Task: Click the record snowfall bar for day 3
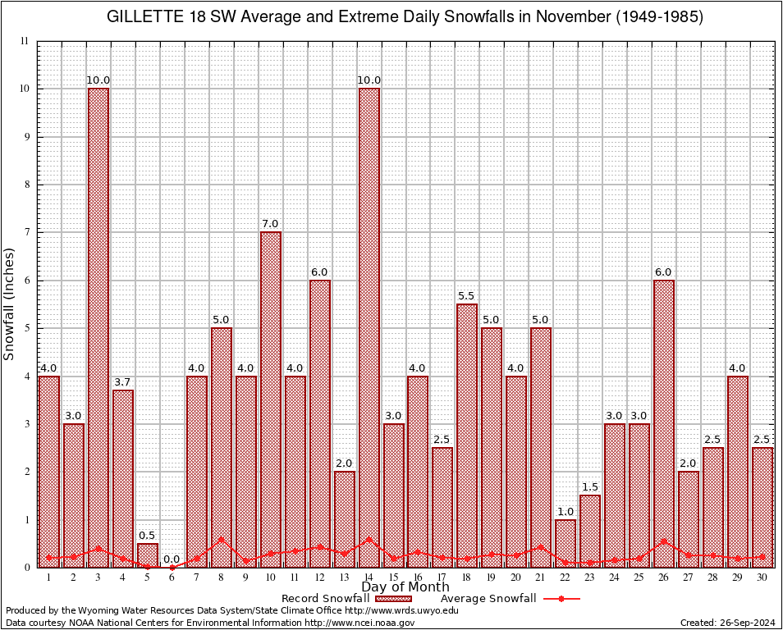[98, 328]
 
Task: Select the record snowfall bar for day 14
[369, 328]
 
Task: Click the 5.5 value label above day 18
[467, 296]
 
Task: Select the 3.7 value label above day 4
[123, 382]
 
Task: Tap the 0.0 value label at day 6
[172, 559]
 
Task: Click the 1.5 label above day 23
[590, 487]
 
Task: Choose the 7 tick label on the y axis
[26, 232]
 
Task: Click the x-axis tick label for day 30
[762, 577]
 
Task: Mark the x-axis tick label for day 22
[565, 577]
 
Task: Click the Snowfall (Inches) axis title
[10, 304]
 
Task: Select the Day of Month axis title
[405, 587]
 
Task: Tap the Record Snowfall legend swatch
[389, 599]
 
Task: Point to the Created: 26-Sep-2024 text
[727, 623]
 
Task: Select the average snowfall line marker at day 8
[222, 540]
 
